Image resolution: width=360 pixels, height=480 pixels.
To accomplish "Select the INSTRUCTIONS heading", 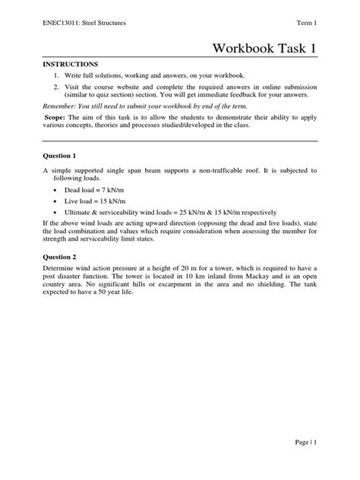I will click(69, 65).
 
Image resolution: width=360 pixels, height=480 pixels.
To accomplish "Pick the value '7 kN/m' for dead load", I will click(115, 188).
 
